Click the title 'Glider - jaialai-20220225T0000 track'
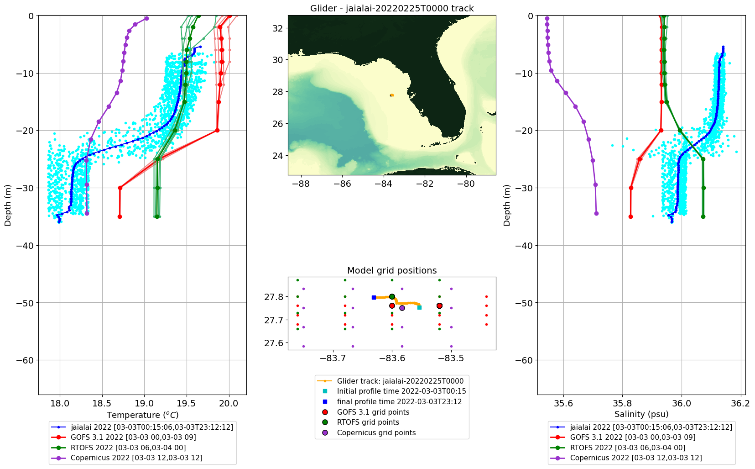point(392,8)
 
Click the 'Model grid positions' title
point(392,270)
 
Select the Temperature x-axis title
point(143,415)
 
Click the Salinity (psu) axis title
point(641,414)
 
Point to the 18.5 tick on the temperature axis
point(102,403)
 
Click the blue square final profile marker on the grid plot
point(374,298)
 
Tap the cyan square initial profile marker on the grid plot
point(420,307)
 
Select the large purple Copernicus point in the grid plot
point(402,308)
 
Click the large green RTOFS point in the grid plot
point(392,296)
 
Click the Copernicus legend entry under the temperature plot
point(136,458)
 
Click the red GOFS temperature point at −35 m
point(120,216)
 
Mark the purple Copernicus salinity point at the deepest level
point(596,213)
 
